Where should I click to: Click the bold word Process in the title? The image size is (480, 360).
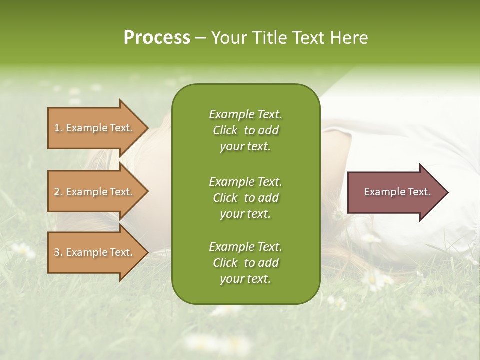pyautogui.click(x=157, y=38)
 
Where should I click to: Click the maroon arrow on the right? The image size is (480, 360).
pyautogui.click(x=395, y=192)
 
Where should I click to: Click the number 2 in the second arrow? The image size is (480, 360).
pyautogui.click(x=57, y=192)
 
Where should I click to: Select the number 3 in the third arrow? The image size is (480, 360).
pyautogui.click(x=57, y=252)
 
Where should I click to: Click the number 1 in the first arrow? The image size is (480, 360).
pyautogui.click(x=57, y=128)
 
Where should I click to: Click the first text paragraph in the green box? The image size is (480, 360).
pyautogui.click(x=245, y=130)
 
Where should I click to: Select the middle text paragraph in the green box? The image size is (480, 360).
pyautogui.click(x=245, y=197)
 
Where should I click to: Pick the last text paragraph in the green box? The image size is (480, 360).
pyautogui.click(x=245, y=263)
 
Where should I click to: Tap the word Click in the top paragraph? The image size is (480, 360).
pyautogui.click(x=225, y=130)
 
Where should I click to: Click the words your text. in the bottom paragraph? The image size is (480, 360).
pyautogui.click(x=245, y=279)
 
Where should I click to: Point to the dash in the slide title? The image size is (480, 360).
pyautogui.click(x=200, y=38)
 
